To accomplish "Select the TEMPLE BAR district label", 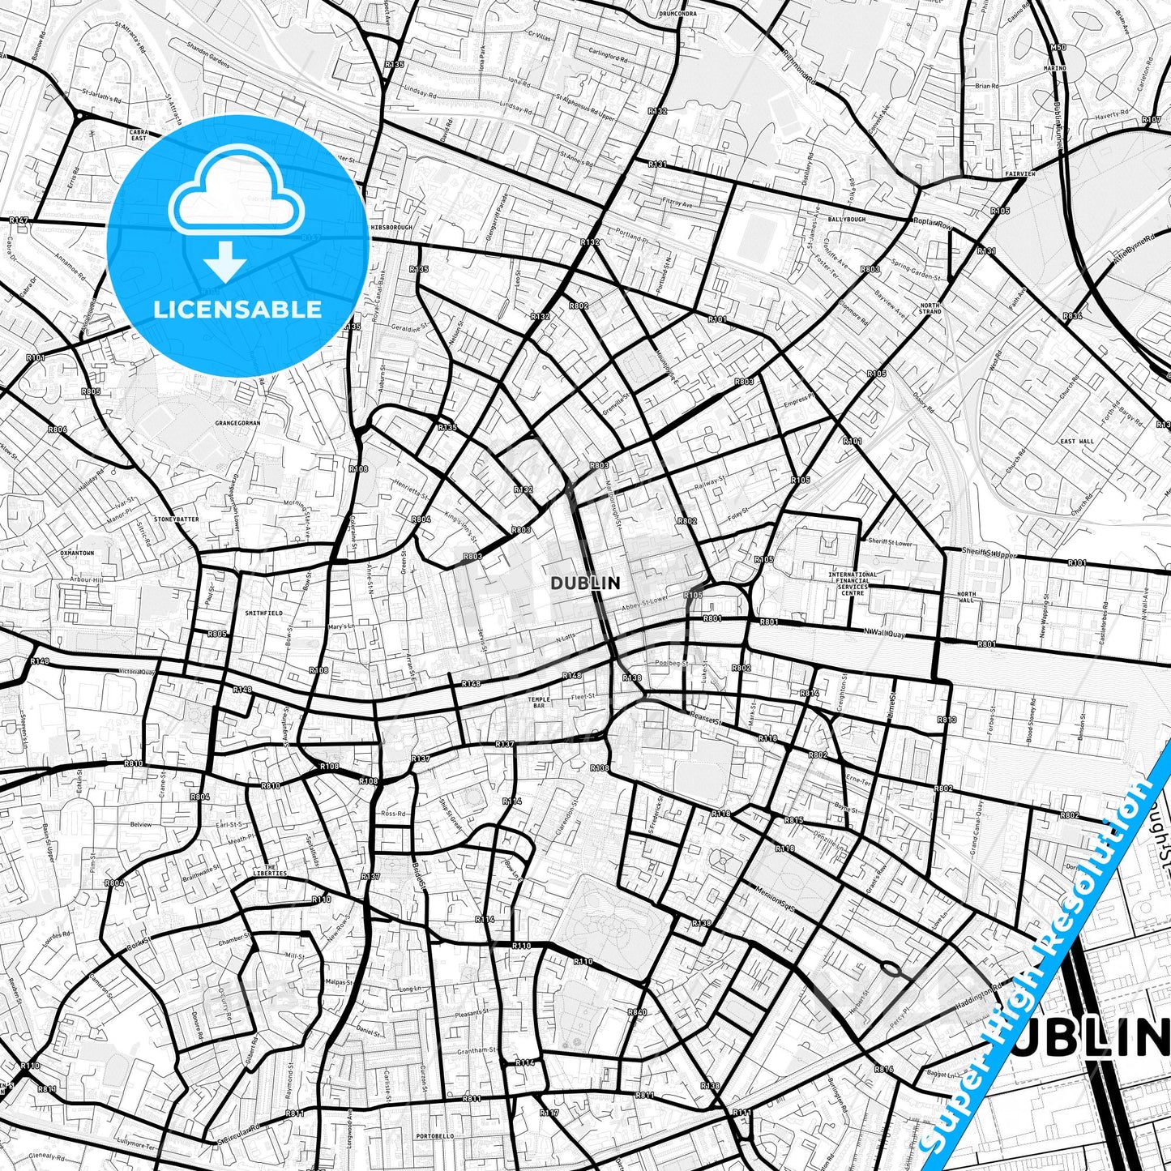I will [538, 703].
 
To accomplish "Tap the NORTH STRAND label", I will [930, 309].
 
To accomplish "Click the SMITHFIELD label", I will [264, 613].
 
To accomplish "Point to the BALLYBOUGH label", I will [846, 220].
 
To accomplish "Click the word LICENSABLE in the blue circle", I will [237, 310].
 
